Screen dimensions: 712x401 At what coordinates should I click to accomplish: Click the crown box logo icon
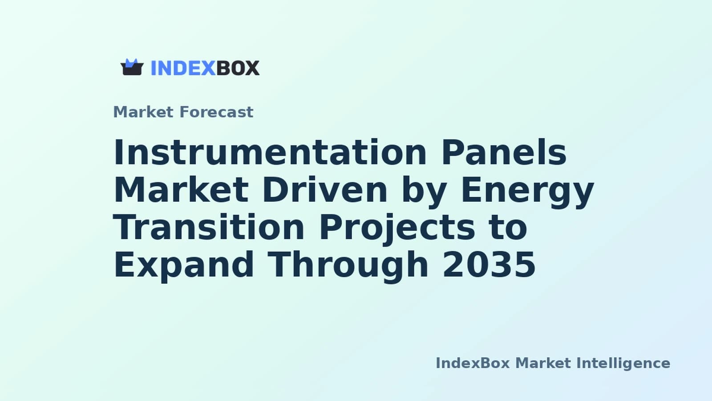[132, 67]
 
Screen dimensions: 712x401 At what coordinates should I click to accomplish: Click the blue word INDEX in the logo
[183, 68]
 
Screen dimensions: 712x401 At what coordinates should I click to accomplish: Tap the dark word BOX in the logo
[238, 68]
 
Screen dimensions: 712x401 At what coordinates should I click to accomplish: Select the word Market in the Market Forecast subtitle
[143, 112]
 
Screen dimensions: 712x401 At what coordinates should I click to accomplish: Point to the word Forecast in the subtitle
[216, 112]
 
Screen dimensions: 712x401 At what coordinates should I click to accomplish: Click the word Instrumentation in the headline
[270, 152]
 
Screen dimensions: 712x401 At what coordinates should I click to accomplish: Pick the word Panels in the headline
[504, 152]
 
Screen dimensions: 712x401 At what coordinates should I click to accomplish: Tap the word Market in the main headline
[181, 190]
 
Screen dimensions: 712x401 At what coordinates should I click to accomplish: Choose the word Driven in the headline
[325, 190]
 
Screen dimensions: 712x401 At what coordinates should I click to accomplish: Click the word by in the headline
[424, 192]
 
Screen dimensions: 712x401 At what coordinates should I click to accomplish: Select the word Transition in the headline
[209, 227]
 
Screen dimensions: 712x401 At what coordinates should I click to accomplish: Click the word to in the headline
[508, 228]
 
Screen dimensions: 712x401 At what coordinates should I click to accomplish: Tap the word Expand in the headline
[184, 266]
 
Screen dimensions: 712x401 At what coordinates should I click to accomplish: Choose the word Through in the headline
[348, 266]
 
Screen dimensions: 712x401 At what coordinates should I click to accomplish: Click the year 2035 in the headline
[489, 265]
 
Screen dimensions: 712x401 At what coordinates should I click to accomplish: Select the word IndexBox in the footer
[473, 363]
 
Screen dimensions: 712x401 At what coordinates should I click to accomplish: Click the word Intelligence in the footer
[623, 364]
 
